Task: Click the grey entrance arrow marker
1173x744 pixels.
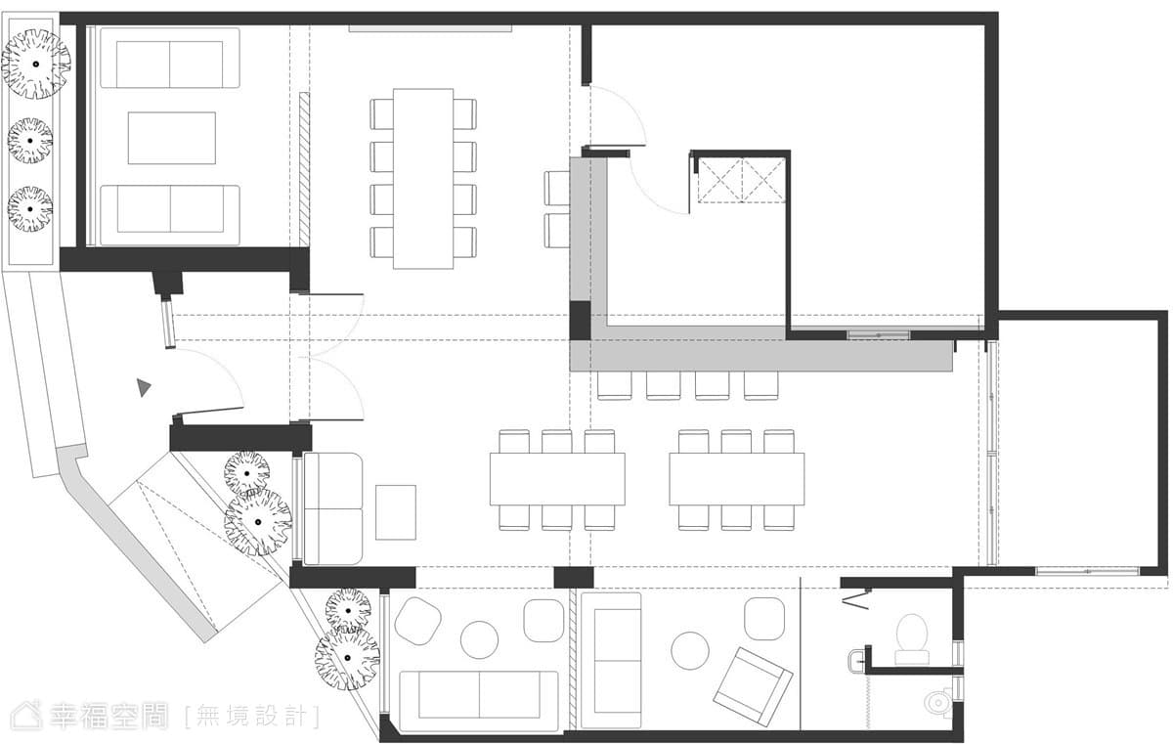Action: click(x=143, y=387)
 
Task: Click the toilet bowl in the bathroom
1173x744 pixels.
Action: click(x=912, y=639)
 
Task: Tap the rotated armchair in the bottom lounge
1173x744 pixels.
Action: click(x=753, y=686)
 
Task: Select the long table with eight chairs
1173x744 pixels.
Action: click(x=423, y=179)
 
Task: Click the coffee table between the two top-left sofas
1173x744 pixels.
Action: click(x=172, y=138)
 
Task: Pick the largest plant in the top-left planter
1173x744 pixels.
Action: click(x=35, y=64)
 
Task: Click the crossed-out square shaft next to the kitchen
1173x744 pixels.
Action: click(x=742, y=180)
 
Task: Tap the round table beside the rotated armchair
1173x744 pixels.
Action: click(x=690, y=650)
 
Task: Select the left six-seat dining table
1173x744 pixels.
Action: click(x=557, y=479)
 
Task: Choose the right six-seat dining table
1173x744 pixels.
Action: click(x=736, y=479)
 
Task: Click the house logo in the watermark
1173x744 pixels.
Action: click(x=26, y=715)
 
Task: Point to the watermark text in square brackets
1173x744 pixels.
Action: click(x=252, y=717)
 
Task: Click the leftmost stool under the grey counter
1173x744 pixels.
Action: click(x=614, y=386)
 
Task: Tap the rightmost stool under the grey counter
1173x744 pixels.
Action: click(x=760, y=386)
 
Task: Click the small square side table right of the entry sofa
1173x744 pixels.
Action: click(x=396, y=512)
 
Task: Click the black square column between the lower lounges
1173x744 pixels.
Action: click(x=574, y=578)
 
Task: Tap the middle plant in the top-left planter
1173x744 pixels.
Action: click(x=30, y=141)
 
